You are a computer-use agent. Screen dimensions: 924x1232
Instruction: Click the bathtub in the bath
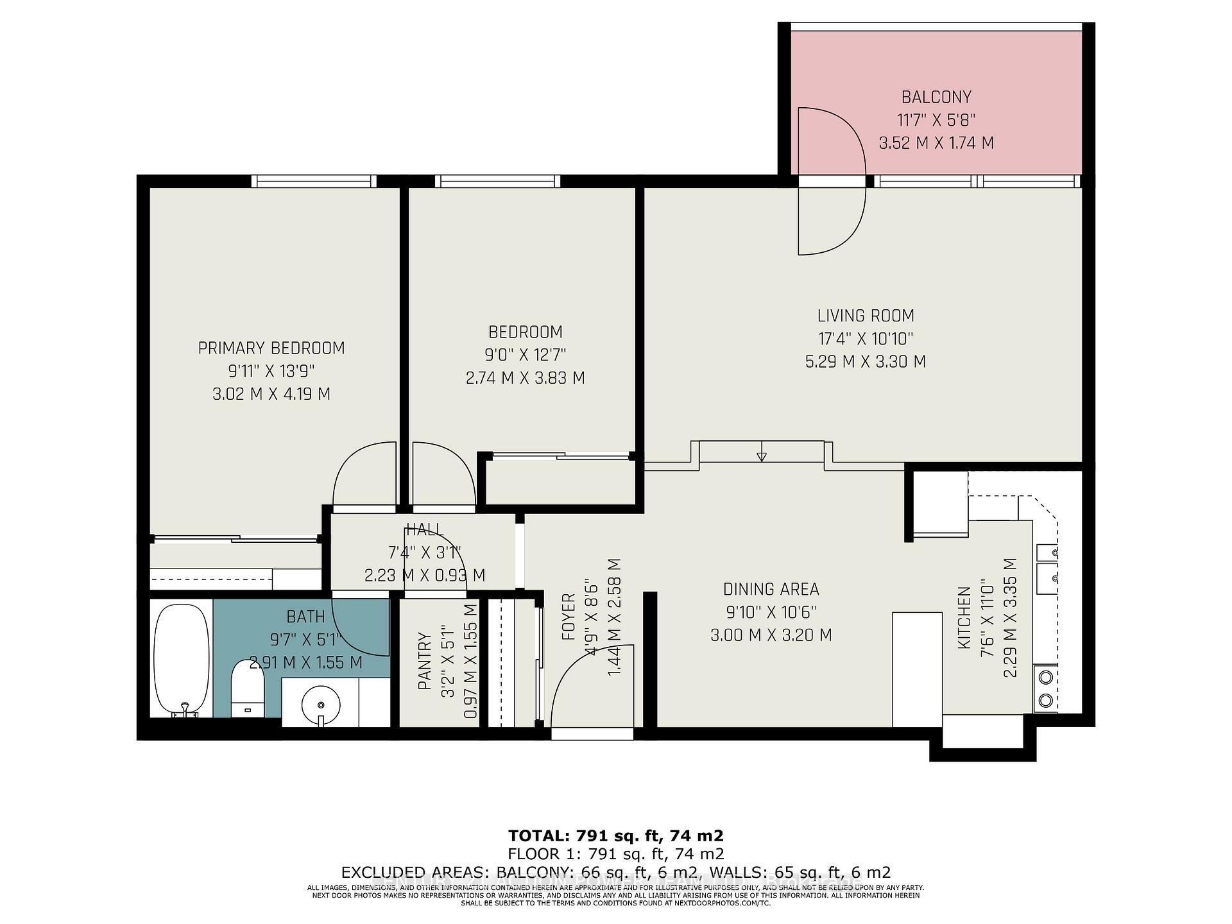point(182,658)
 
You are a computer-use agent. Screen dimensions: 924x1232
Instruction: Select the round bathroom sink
point(320,703)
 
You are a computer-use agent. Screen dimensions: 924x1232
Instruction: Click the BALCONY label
point(936,97)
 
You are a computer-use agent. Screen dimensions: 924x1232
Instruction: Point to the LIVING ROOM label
point(866,316)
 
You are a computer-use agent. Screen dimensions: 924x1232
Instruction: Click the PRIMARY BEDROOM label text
point(271,348)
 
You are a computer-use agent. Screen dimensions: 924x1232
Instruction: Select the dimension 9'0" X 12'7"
point(526,355)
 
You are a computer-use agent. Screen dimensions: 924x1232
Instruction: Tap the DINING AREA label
point(771,589)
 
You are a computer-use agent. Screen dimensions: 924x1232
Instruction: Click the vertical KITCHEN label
point(964,617)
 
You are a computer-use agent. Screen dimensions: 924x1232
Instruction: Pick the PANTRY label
point(424,661)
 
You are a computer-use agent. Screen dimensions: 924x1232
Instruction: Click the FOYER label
point(569,617)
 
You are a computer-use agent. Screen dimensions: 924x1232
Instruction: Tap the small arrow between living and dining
point(762,456)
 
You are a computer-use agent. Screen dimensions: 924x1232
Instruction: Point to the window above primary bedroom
point(314,182)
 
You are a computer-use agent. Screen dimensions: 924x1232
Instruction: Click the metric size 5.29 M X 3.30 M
point(866,362)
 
